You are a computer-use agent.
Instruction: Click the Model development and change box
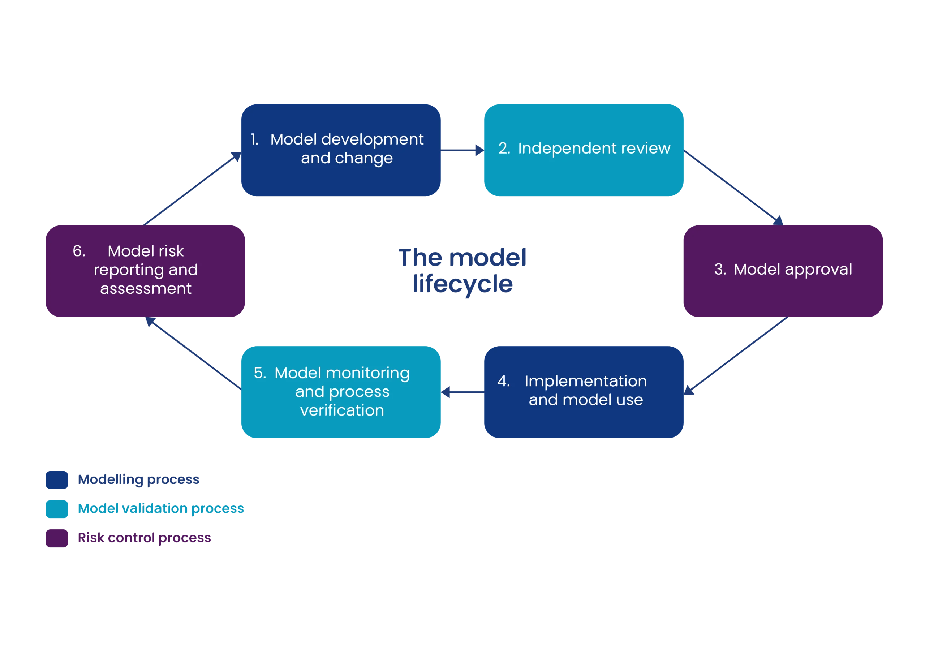[x=341, y=150]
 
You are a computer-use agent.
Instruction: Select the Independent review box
[x=584, y=150]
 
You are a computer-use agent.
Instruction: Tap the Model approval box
[x=783, y=270]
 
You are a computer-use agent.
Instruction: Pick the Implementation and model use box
[x=584, y=391]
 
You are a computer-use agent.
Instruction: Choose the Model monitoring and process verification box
[x=341, y=391]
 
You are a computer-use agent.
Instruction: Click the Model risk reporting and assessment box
[x=145, y=270]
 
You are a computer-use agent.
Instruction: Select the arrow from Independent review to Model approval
[x=733, y=186]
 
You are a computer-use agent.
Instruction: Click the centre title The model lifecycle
[x=462, y=270]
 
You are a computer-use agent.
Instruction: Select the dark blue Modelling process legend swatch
[x=57, y=479]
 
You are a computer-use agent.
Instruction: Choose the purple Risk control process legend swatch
[x=57, y=538]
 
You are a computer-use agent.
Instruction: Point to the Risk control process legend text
[x=144, y=538]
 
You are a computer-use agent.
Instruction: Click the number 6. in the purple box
[x=79, y=251]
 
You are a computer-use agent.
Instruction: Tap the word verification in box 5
[x=342, y=410]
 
